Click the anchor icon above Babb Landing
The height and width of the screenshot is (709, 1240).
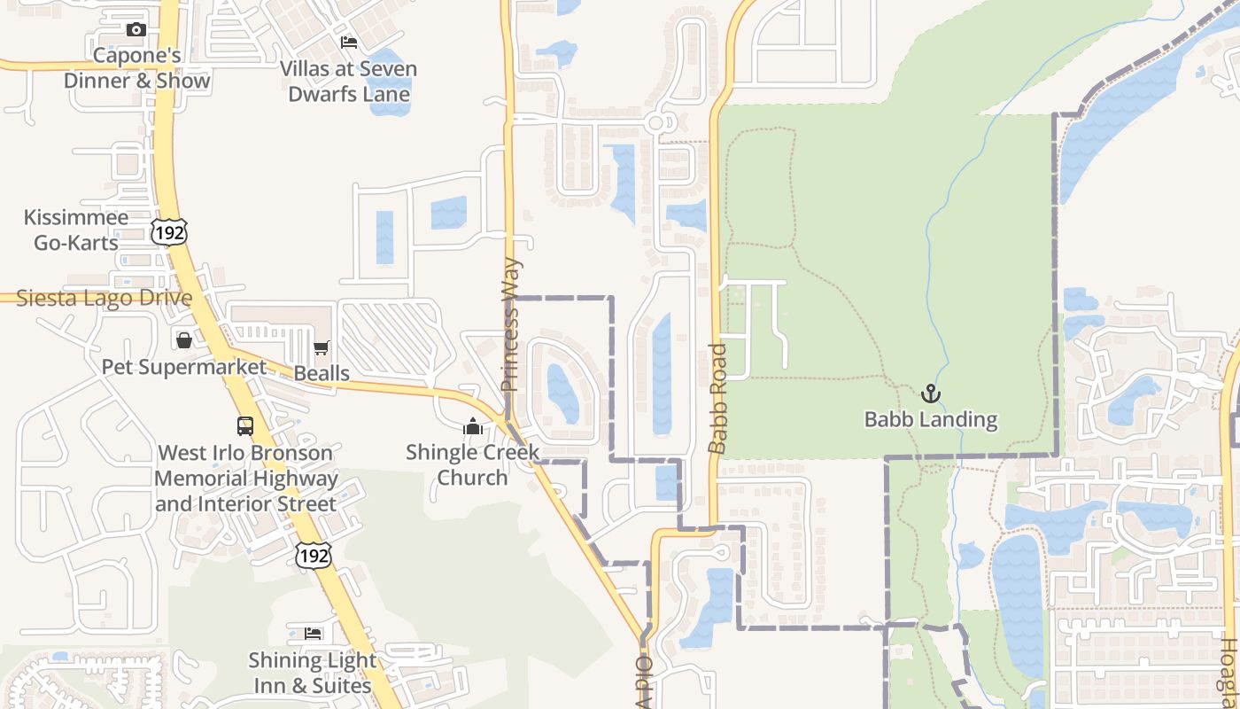click(x=930, y=393)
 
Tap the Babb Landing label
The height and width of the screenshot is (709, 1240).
click(x=931, y=419)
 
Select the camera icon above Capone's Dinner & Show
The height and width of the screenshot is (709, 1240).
click(x=136, y=30)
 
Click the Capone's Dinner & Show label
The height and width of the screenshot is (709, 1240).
click(x=137, y=68)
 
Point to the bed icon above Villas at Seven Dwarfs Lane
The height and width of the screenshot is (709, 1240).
click(x=349, y=43)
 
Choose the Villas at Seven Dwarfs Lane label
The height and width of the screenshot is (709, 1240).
click(x=349, y=82)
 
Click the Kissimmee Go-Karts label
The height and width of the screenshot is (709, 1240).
click(x=76, y=230)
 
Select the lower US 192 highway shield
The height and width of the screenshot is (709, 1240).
click(x=314, y=556)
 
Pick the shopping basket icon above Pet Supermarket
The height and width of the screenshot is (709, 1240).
click(x=184, y=340)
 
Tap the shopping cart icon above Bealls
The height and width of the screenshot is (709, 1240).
click(x=321, y=348)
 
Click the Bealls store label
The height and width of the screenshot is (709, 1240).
click(x=322, y=373)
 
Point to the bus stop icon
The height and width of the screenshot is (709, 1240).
click(x=245, y=426)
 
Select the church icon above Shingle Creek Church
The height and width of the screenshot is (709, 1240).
click(x=472, y=427)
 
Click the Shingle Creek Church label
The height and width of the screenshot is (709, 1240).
click(x=473, y=465)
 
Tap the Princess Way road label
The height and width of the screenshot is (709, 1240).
click(x=510, y=324)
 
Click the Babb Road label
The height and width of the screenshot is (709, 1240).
click(x=717, y=399)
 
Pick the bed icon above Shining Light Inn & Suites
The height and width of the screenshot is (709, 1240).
click(x=313, y=633)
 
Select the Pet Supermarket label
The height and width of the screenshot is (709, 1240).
click(x=184, y=367)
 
